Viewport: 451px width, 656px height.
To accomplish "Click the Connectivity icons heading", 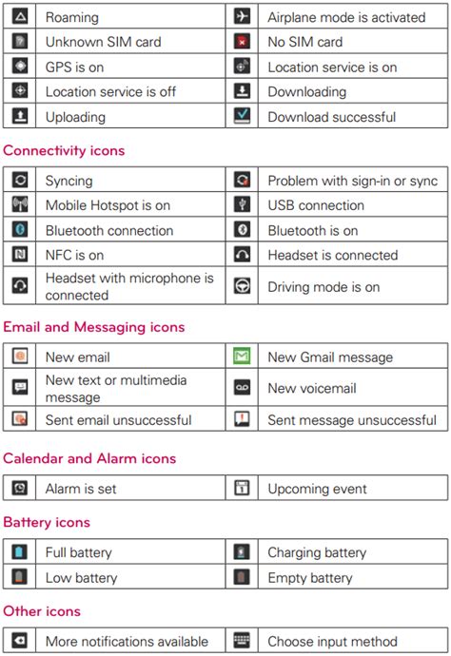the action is [x=64, y=150].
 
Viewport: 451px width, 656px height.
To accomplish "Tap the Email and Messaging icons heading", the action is [x=93, y=327].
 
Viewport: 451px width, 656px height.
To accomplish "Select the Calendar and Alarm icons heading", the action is [x=89, y=458].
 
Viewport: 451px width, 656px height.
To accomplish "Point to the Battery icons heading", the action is [x=47, y=522].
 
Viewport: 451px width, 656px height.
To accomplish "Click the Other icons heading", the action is [x=42, y=610].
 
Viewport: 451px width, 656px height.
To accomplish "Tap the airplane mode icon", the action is [x=243, y=17].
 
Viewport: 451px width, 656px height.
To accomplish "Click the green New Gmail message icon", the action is [x=243, y=357].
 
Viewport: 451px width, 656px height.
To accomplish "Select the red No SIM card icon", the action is [x=243, y=42].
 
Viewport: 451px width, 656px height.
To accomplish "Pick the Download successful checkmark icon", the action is [x=243, y=117].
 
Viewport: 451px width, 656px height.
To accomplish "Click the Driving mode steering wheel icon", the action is [x=243, y=287].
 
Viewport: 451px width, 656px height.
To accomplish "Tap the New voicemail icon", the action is [x=243, y=388].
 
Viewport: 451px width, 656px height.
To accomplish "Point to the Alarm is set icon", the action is [x=20, y=489].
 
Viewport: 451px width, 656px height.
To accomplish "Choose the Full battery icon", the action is [x=20, y=552].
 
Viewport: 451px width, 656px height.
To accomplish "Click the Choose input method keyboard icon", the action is [x=243, y=641].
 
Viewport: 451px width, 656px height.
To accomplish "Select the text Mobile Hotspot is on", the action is [x=108, y=205].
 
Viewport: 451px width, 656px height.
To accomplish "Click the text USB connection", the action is [x=316, y=205].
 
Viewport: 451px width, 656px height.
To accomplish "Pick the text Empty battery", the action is [x=309, y=578].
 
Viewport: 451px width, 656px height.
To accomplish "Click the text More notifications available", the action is [x=127, y=641].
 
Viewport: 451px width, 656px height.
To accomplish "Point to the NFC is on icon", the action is [x=20, y=255].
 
